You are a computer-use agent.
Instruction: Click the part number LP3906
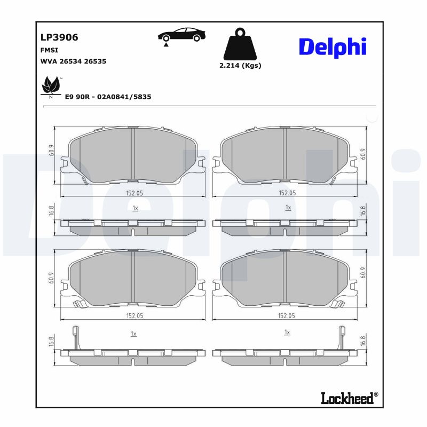[59, 37]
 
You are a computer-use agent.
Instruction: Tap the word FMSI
[49, 50]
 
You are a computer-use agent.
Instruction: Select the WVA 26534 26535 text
[73, 61]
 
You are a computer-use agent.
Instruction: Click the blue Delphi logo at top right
[332, 47]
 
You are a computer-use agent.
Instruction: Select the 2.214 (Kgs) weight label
[240, 66]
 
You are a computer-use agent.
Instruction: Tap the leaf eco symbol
[51, 86]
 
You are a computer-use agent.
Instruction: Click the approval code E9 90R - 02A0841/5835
[108, 97]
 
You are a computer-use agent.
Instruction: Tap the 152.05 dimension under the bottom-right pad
[287, 315]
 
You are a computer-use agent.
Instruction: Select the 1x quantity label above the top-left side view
[135, 208]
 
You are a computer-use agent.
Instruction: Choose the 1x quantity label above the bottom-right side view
[287, 332]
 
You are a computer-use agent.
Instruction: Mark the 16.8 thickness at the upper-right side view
[363, 211]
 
